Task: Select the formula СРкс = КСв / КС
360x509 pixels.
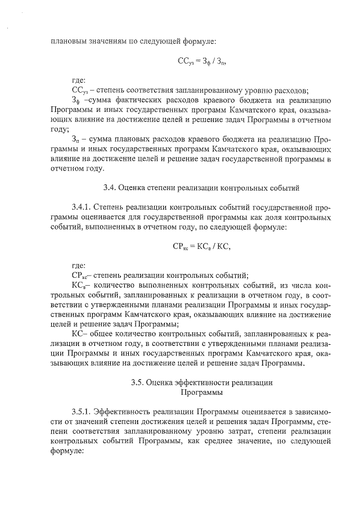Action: point(202,245)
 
